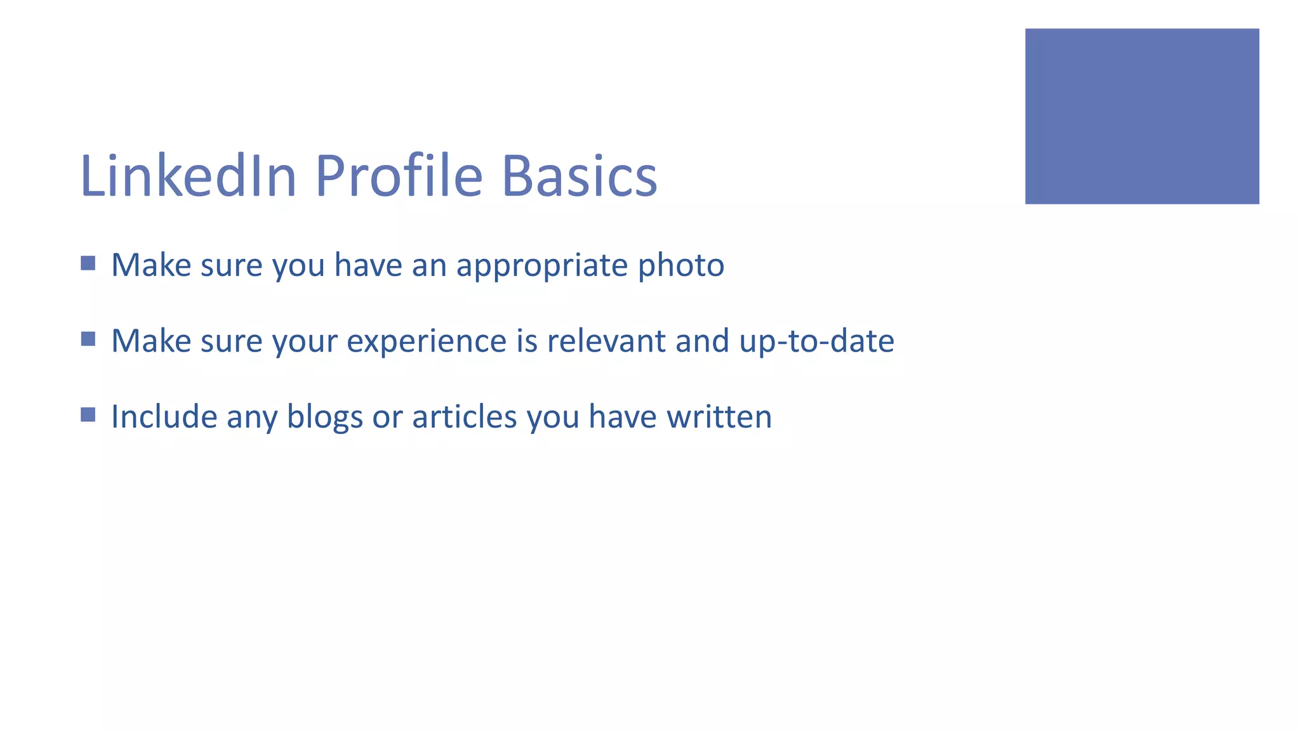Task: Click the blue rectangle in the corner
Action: coord(1141,116)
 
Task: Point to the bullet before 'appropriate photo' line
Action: coord(88,263)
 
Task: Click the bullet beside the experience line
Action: coord(88,339)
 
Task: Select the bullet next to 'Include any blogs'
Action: coord(88,414)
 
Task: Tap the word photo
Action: coord(680,266)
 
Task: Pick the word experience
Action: coord(426,342)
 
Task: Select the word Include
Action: coord(164,417)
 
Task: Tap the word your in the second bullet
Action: coord(305,342)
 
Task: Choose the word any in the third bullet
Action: coord(251,418)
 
